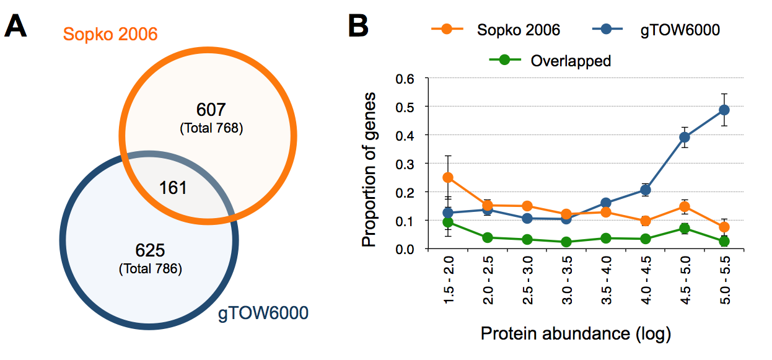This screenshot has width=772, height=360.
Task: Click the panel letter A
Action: tap(15, 25)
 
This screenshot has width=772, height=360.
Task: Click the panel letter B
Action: tap(358, 25)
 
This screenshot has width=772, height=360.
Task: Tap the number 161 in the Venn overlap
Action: tap(173, 188)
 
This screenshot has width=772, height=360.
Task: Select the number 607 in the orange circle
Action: tap(211, 110)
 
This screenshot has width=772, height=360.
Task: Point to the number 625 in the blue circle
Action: tap(150, 250)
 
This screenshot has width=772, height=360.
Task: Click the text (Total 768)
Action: tap(211, 128)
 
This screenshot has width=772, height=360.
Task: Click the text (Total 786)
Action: tap(151, 269)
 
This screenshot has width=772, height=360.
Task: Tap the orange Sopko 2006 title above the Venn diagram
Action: tap(110, 34)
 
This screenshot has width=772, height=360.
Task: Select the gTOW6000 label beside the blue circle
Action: tap(263, 313)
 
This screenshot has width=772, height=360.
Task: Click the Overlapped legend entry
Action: tap(550, 61)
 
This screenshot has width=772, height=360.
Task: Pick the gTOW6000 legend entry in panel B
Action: tap(656, 30)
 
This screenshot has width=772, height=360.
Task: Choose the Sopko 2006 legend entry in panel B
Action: tap(496, 30)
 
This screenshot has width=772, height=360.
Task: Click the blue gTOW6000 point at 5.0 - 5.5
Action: tap(724, 110)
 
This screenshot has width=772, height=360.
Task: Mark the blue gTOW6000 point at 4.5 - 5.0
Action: tap(685, 137)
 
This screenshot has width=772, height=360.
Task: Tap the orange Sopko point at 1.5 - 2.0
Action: tap(448, 178)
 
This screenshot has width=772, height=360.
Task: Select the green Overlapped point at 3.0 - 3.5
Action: tap(566, 242)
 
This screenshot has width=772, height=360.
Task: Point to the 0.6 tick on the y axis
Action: tap(405, 79)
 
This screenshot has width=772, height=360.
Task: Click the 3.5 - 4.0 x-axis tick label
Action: tap(606, 280)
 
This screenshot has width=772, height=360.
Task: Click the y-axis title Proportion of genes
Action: tap(369, 169)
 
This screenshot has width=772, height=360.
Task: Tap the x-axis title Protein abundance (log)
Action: tap(576, 334)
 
